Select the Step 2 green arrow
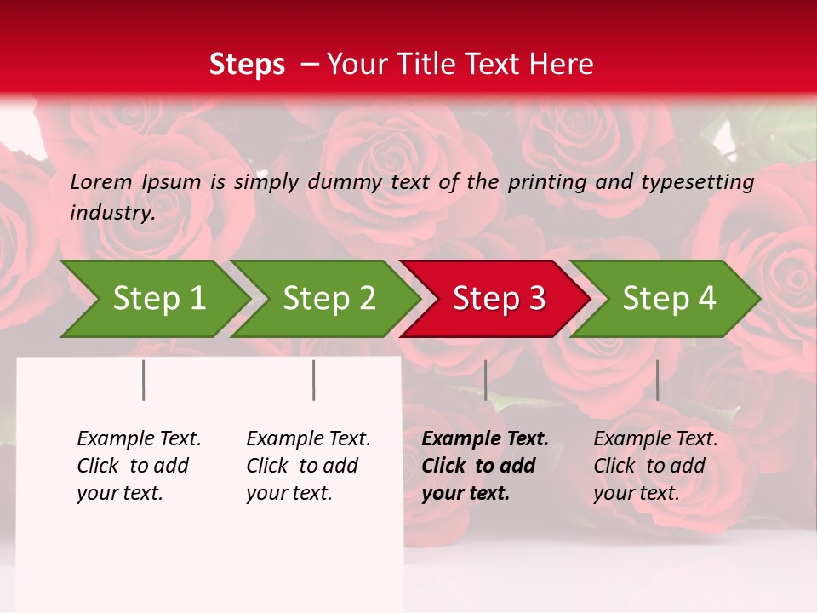pyautogui.click(x=329, y=299)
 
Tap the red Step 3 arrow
pyautogui.click(x=499, y=299)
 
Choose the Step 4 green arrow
pyautogui.click(x=669, y=299)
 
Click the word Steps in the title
pyautogui.click(x=247, y=65)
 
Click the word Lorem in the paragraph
pyautogui.click(x=101, y=181)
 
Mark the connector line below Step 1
pyautogui.click(x=144, y=380)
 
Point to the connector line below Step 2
pyautogui.click(x=314, y=380)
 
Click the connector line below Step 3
pyautogui.click(x=485, y=380)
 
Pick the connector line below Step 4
pyautogui.click(x=657, y=380)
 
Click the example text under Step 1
pyautogui.click(x=139, y=466)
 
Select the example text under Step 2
pyautogui.click(x=308, y=466)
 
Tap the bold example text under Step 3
pyautogui.click(x=485, y=466)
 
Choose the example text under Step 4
pyautogui.click(x=655, y=466)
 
